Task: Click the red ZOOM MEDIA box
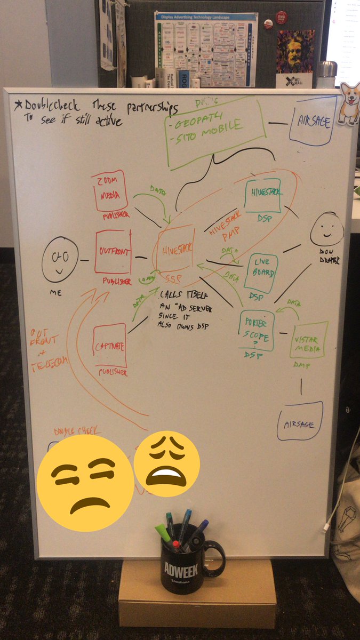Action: click(109, 190)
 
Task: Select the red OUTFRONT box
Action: click(113, 252)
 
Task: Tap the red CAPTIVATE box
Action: click(109, 346)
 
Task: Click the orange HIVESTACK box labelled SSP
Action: click(176, 246)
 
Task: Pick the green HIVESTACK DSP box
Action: click(262, 196)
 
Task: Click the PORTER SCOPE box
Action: click(257, 330)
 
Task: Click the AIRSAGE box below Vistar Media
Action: click(300, 421)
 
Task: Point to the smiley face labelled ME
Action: click(60, 260)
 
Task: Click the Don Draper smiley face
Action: click(326, 229)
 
